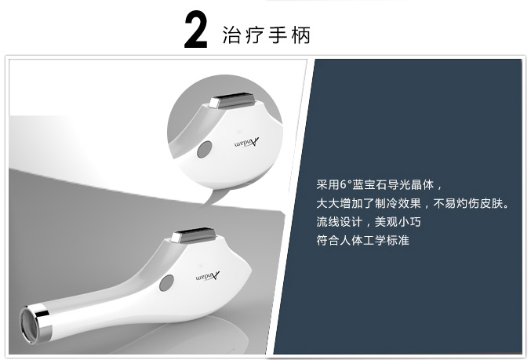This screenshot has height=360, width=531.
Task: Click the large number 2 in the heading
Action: click(195, 30)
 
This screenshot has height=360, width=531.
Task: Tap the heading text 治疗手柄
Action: click(266, 35)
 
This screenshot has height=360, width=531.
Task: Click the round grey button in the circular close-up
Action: click(205, 149)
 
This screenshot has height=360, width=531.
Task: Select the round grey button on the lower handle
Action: click(166, 283)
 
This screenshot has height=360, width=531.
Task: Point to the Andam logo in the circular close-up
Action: click(246, 143)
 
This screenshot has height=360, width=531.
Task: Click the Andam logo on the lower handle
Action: click(208, 276)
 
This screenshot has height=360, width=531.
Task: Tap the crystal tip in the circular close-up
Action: click(231, 100)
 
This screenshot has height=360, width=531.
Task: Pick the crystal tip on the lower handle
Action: click(193, 235)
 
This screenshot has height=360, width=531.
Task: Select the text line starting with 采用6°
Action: click(380, 185)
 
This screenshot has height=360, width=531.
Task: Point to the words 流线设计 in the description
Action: click(340, 222)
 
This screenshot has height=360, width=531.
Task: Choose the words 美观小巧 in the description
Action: click(398, 222)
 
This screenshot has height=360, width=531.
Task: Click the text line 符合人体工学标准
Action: click(362, 241)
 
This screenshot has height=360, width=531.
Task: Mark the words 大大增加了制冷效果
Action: click(369, 204)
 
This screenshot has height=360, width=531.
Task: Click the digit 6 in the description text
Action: click(344, 185)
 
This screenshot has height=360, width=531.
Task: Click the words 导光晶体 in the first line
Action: click(411, 185)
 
